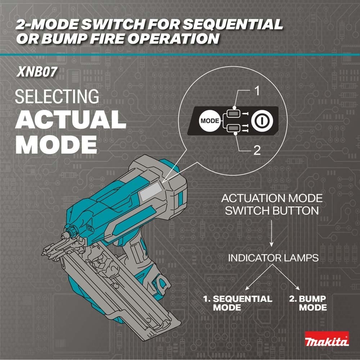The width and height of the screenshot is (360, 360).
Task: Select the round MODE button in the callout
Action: (x=209, y=121)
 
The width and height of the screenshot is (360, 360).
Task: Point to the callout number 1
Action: (x=257, y=91)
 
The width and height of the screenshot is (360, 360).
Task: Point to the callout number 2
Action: (x=257, y=150)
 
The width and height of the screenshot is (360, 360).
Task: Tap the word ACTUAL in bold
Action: (x=71, y=120)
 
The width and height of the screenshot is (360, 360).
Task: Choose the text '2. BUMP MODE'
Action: (x=307, y=303)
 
